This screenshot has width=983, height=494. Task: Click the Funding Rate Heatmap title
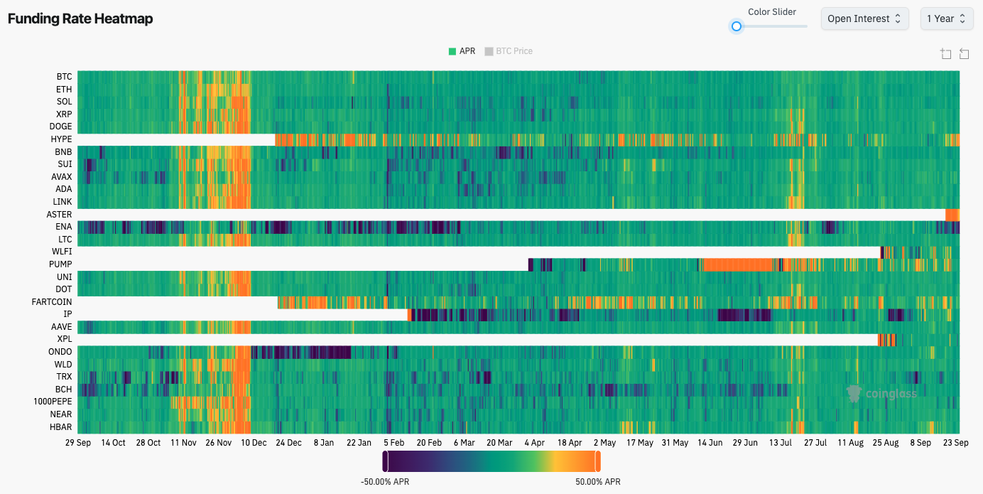click(x=80, y=19)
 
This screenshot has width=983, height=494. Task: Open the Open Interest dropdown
click(x=864, y=19)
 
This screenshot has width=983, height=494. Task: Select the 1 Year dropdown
click(x=947, y=19)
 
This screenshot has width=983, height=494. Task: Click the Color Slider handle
click(x=737, y=26)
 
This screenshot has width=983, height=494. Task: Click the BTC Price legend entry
click(x=509, y=51)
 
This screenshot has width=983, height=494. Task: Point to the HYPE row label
click(x=61, y=139)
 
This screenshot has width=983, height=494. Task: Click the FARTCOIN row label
click(x=52, y=302)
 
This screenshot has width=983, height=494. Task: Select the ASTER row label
click(x=59, y=215)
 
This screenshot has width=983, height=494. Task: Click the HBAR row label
click(x=60, y=426)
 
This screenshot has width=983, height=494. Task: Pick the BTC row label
click(x=64, y=77)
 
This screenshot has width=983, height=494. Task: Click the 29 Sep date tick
click(x=78, y=443)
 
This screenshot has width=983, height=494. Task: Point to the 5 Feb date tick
click(x=393, y=443)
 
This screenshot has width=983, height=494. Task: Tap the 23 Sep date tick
click(x=956, y=443)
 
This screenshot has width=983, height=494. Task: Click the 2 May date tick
click(x=604, y=443)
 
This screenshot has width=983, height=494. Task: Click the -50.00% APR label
click(x=385, y=482)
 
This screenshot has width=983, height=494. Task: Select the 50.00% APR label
click(x=598, y=482)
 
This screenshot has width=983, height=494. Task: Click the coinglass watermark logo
click(x=881, y=393)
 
